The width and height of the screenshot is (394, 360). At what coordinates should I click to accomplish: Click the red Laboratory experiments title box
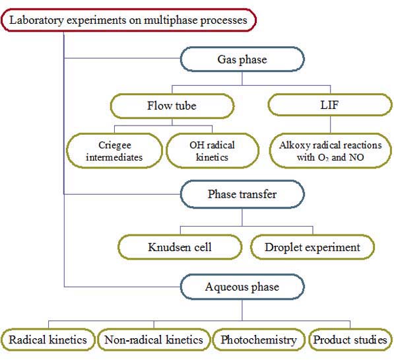pos(129,20)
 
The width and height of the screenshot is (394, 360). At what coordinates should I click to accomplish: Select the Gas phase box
pos(242,59)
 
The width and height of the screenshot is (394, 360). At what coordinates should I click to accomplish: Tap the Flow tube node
pos(172,106)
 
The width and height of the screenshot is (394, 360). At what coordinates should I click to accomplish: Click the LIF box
pos(330,105)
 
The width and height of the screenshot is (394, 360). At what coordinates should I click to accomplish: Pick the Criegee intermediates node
pos(114,151)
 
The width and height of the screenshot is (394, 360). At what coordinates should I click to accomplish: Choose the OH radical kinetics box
pos(213,151)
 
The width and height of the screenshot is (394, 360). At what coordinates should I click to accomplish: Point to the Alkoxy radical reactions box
pos(331,151)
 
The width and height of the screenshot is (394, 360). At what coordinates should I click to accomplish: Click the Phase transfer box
pos(242,194)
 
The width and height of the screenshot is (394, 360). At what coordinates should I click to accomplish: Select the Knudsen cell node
pos(180,247)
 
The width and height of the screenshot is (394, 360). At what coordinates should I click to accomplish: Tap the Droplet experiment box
pos(313,247)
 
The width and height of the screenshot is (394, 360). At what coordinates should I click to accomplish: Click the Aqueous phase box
pos(242,287)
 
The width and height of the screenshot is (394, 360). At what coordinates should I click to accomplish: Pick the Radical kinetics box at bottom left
pos(48,340)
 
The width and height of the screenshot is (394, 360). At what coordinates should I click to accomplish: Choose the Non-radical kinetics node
pos(154,340)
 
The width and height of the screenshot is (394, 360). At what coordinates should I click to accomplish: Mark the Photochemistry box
pos(259,340)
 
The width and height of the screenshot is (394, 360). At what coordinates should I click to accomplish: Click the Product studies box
pos(350,340)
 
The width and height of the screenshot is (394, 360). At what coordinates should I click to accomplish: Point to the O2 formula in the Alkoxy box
pos(323,158)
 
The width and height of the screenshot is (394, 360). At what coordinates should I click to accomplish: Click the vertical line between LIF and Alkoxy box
pos(330,125)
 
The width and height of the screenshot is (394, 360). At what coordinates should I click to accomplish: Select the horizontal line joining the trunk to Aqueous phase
pos(122,287)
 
